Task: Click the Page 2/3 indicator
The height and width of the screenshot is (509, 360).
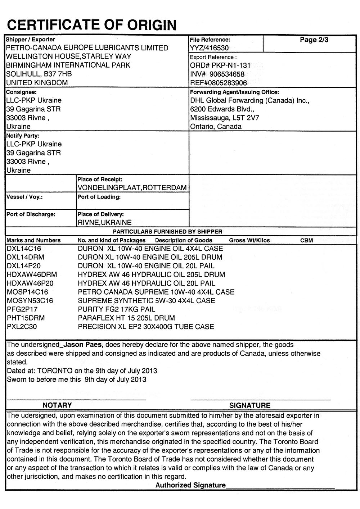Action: pos(314,40)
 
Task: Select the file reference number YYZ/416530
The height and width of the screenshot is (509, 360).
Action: pos(209,48)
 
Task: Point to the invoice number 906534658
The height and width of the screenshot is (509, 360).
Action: pos(227,74)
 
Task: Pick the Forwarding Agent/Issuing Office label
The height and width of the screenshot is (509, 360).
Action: pos(234,92)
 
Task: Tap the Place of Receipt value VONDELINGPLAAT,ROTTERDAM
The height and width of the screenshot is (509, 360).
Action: pos(132,188)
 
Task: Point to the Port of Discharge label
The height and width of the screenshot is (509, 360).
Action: pos(31,214)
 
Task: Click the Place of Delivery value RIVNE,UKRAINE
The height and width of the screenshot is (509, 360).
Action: pos(105,223)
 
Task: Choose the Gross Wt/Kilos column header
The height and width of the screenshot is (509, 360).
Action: pos(249,240)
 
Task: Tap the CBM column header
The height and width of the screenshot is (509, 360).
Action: pos(306,240)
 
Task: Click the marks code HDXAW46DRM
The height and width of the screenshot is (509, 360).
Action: pos(32,275)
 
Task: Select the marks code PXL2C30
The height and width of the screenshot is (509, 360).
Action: pos(22,327)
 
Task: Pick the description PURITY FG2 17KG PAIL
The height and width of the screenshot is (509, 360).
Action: pos(117,309)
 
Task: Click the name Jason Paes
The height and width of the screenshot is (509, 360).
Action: pos(84,345)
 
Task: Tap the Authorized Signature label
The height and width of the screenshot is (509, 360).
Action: pos(190,485)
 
